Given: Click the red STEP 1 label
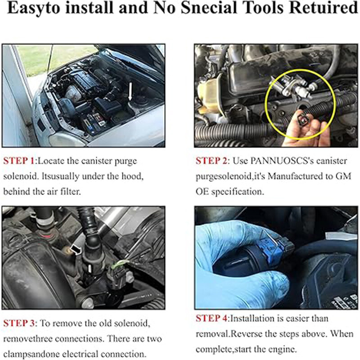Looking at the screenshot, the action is pyautogui.click(x=19, y=161).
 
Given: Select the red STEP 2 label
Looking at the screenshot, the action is pyautogui.click(x=211, y=161).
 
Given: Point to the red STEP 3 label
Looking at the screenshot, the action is pyautogui.click(x=19, y=323).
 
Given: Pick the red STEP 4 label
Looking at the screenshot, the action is pyautogui.click(x=211, y=319).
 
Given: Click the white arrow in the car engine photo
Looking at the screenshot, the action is pyautogui.click(x=130, y=91).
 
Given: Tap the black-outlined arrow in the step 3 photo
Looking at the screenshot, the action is pyautogui.click(x=76, y=249).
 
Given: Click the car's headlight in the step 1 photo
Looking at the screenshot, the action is pyautogui.click(x=67, y=139).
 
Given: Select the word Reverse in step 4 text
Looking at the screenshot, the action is pyautogui.click(x=246, y=334).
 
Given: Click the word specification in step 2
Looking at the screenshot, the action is pyautogui.click(x=237, y=192).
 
